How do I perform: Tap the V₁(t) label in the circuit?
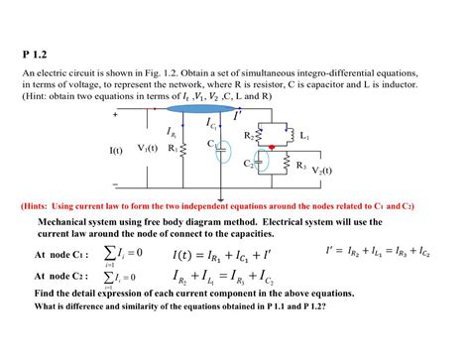coord(150,149)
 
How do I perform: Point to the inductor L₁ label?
coord(304,135)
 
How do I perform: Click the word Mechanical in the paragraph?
coord(68,222)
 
